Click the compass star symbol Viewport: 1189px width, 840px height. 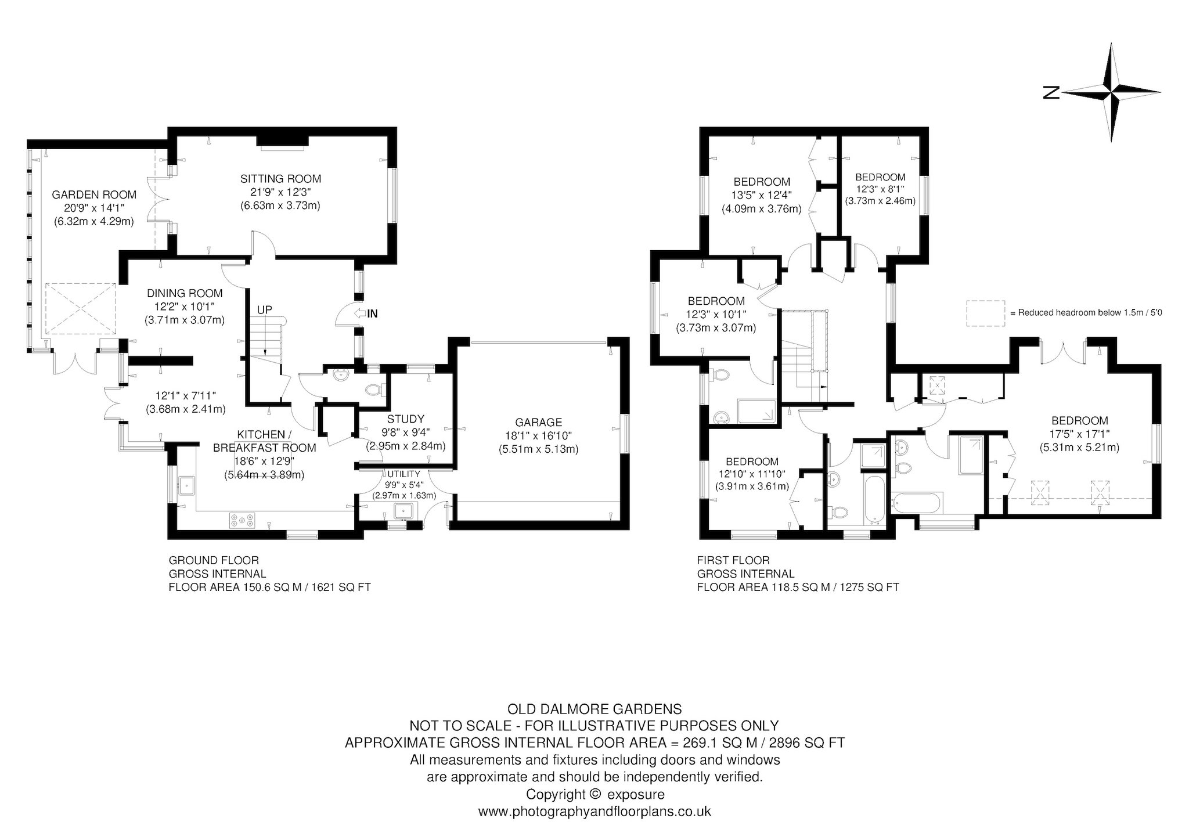1111,92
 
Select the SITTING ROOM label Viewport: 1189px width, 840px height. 281,179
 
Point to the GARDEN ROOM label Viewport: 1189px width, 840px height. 94,194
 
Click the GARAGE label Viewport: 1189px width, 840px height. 538,422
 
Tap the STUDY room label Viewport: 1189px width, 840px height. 405,419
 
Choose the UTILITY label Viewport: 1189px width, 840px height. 403,474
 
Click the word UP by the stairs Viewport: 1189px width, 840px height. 264,309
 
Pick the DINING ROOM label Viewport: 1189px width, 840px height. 185,293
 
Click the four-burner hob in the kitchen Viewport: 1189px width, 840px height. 242,520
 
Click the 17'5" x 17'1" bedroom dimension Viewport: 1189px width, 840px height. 1079,434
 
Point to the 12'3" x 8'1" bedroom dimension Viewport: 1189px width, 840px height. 880,189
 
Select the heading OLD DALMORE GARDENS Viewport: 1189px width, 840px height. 594,709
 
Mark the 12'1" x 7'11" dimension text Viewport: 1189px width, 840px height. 185,396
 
